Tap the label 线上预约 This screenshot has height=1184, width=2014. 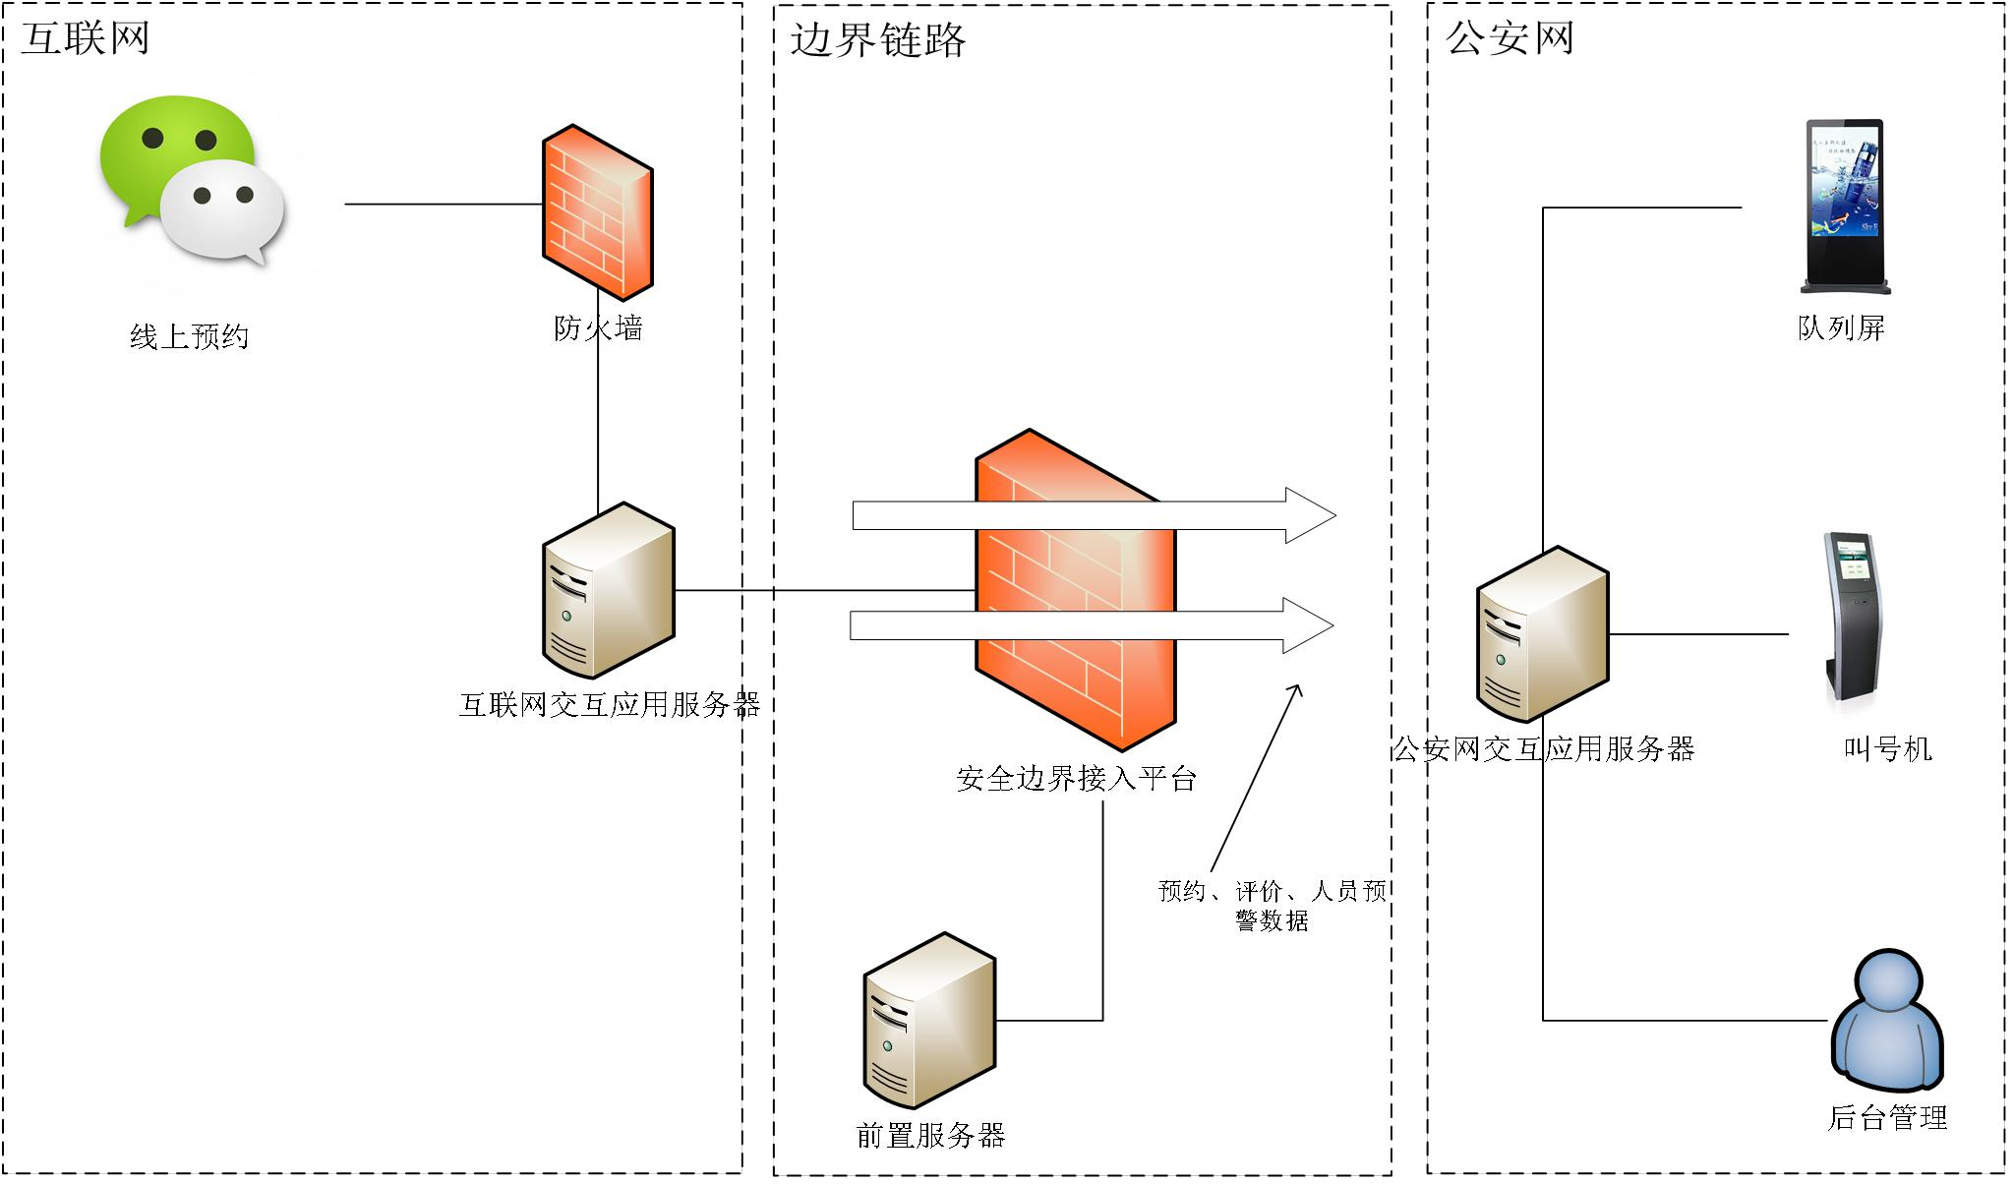coord(189,337)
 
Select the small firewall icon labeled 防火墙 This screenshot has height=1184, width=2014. coord(597,211)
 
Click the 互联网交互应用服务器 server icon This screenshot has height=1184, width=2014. coord(608,590)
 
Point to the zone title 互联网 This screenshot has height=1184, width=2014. coord(86,38)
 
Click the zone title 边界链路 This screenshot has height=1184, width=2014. coord(877,40)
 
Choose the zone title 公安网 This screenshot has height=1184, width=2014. coord(1510,38)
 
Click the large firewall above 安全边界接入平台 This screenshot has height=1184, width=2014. coord(1075,590)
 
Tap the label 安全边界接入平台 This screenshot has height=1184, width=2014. coord(1076,779)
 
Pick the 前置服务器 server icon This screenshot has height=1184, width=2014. coord(929,1020)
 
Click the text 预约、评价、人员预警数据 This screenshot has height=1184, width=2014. coord(1273,905)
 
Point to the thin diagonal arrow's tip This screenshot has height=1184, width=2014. coord(1300,686)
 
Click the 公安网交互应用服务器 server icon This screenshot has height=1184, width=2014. coord(1542,634)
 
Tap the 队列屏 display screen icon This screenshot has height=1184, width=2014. coord(1845,207)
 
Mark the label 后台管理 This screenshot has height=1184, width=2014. coord(1887,1117)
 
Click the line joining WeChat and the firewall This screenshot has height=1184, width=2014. coord(443,205)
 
